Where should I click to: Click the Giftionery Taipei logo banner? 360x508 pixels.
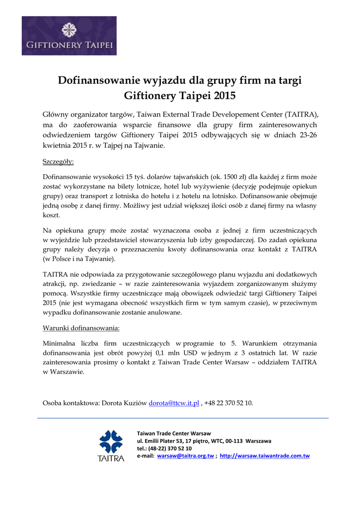pos(69,36)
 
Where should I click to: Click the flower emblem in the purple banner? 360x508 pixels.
pos(69,30)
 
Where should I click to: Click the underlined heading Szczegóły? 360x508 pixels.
pos(58,162)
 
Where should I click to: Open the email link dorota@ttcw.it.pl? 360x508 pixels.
pos(174,403)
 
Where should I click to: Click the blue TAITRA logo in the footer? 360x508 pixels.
pos(111,445)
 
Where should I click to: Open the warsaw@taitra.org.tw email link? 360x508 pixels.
pos(185,455)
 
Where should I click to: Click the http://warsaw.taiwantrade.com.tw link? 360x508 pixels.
pos(265,455)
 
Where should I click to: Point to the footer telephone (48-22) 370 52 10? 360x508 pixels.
pos(170,448)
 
